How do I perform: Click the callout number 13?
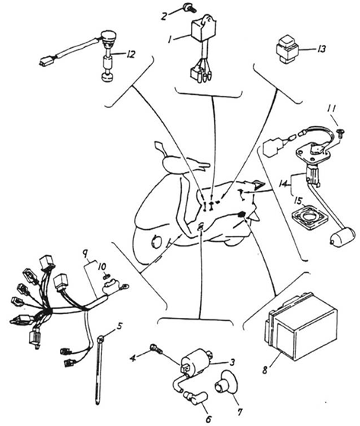point(321,49)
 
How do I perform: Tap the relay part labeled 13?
point(288,50)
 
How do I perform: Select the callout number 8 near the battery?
point(265,370)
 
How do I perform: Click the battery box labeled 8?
point(301,326)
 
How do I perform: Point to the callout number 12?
point(130,54)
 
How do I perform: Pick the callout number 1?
point(170,40)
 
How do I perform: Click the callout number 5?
point(120,326)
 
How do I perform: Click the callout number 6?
point(209,419)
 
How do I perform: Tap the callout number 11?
point(332,109)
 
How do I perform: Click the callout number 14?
point(283,184)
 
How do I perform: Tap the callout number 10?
point(102,267)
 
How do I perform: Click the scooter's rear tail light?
point(259,186)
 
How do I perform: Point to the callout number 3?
point(232,362)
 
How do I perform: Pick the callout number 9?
point(85,255)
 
